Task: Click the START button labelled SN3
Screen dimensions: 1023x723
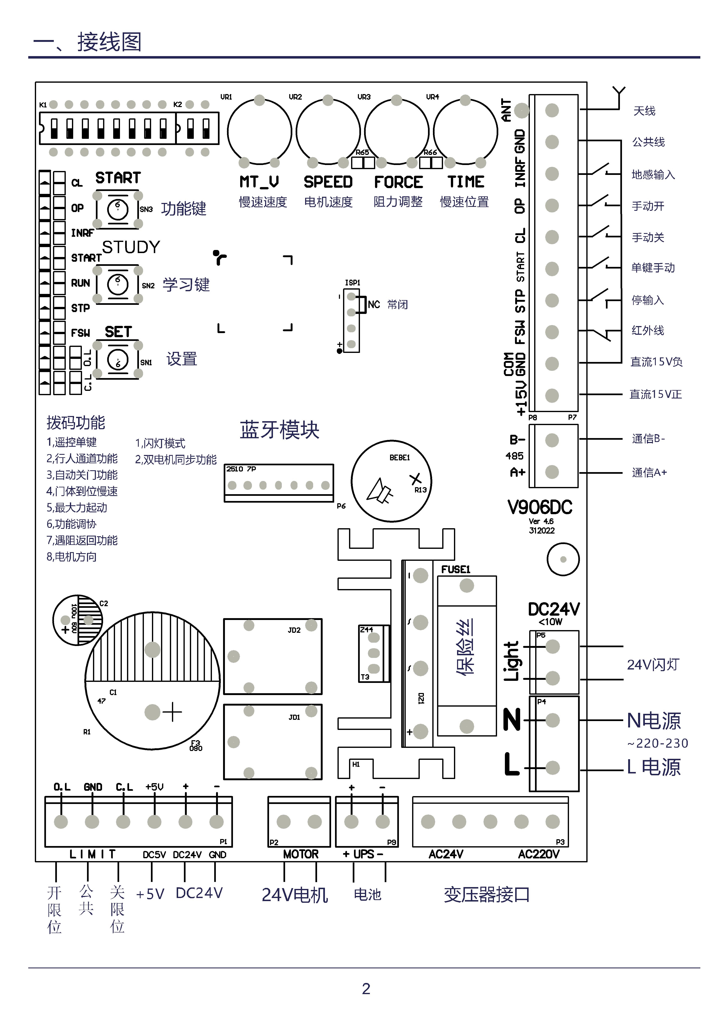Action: click(118, 209)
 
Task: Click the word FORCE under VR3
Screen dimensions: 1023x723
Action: click(398, 182)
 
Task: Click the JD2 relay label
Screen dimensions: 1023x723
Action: click(294, 630)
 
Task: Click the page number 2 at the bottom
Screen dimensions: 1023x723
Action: click(366, 989)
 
